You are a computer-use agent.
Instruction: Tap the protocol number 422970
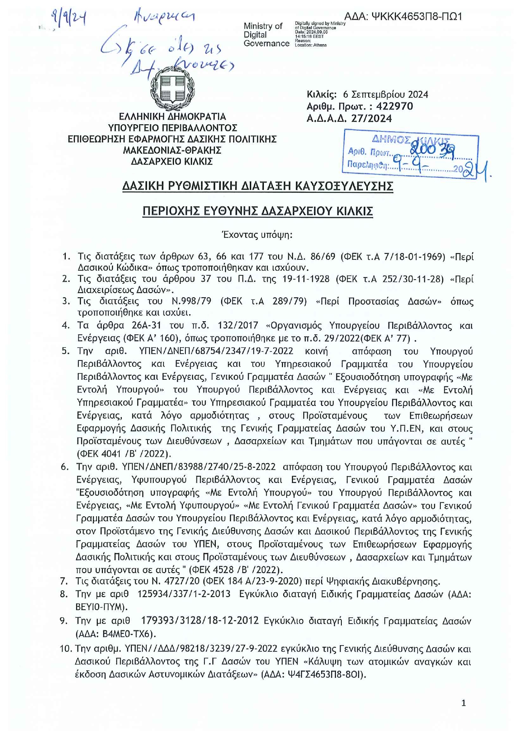[x=394, y=107]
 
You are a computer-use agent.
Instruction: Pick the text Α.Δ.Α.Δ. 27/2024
[x=349, y=119]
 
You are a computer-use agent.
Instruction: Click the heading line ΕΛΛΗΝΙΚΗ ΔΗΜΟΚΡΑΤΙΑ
[x=172, y=117]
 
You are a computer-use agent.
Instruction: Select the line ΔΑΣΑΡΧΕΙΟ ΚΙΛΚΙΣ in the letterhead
[x=172, y=162]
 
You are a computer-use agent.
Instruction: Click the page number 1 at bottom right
[x=464, y=703]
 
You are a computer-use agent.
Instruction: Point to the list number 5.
[x=65, y=351]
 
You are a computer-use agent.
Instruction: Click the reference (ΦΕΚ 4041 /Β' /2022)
[x=124, y=454]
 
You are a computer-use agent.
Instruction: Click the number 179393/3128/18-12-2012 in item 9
[x=200, y=621]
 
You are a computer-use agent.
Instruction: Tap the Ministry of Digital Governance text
[x=266, y=35]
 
